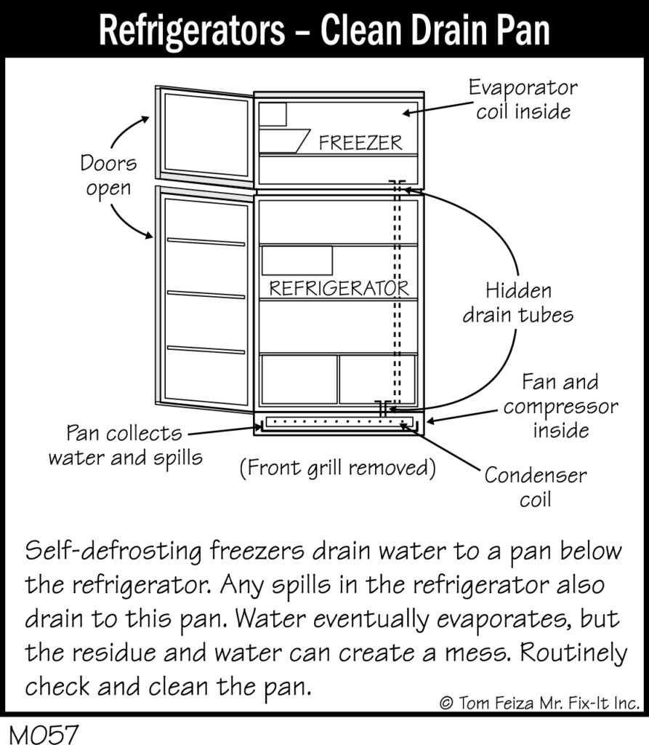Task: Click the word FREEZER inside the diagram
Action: click(x=360, y=143)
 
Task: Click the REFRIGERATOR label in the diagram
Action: click(x=339, y=289)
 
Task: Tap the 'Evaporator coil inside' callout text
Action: click(x=523, y=100)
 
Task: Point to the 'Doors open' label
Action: click(x=108, y=175)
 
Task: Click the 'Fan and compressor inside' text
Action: click(x=560, y=406)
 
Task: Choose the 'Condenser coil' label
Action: click(x=535, y=487)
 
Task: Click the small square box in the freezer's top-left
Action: click(x=273, y=114)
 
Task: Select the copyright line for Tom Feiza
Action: click(x=539, y=703)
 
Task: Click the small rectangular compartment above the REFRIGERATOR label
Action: click(x=297, y=260)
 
